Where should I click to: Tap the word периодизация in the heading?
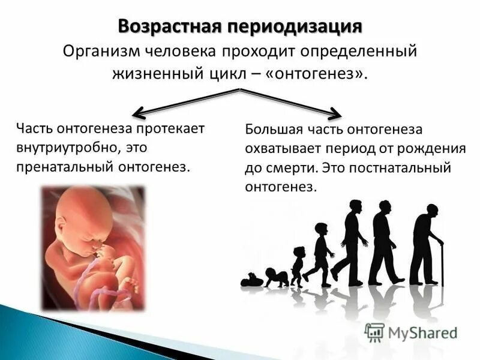[x=293, y=26]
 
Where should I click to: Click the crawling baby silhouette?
[x=274, y=277]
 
